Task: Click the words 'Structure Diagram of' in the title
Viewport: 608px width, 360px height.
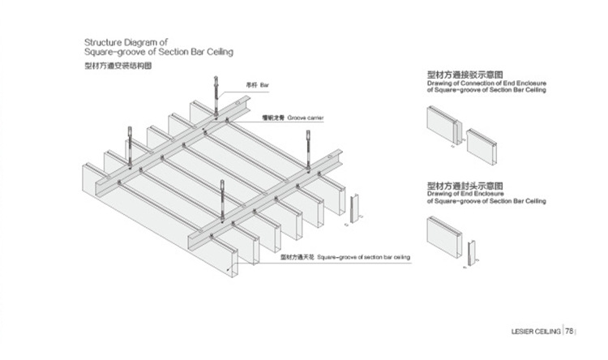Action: pyautogui.click(x=126, y=41)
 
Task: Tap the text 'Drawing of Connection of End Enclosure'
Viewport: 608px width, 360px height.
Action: pyautogui.click(x=487, y=84)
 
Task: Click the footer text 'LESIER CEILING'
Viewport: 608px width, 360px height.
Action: pyautogui.click(x=537, y=331)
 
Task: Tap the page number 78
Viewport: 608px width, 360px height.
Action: pyautogui.click(x=570, y=331)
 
